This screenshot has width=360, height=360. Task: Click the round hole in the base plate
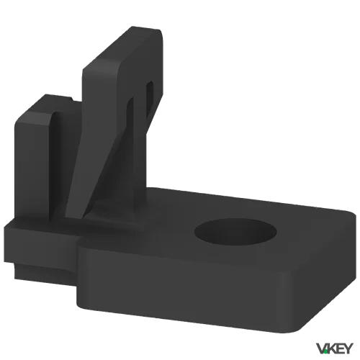[x=235, y=232]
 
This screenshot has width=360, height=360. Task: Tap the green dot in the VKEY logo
[x=325, y=352]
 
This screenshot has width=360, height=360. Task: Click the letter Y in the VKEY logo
[x=348, y=348]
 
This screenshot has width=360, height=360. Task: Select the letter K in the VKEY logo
[x=330, y=348]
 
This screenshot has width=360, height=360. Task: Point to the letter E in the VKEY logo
[x=338, y=348]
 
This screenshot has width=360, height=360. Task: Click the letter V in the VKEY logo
[x=321, y=348]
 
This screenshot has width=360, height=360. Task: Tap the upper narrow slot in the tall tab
[x=149, y=96]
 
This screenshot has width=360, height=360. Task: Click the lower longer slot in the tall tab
[x=131, y=125]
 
